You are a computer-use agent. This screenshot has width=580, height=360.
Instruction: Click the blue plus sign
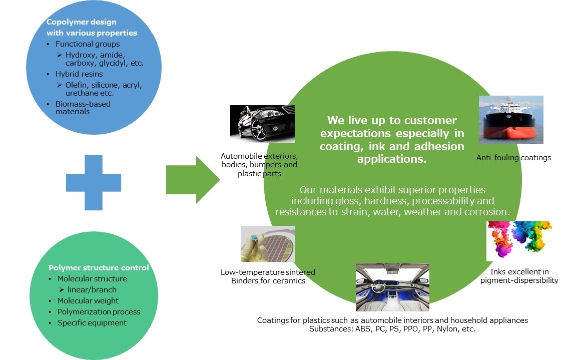[x=94, y=183]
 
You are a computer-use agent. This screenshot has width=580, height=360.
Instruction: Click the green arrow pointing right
[x=193, y=180]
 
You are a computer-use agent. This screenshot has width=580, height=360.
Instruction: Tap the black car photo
[x=262, y=124]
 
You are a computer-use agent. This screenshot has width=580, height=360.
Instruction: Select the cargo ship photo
[x=511, y=120]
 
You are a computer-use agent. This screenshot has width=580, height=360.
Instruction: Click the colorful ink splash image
[x=519, y=241]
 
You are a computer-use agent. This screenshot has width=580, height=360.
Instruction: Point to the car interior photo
[x=392, y=287]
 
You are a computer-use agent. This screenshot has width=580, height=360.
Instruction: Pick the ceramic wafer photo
[x=268, y=244]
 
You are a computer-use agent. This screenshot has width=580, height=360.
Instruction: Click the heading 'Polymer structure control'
[x=99, y=267]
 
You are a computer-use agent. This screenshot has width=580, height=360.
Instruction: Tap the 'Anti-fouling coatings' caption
[x=513, y=158]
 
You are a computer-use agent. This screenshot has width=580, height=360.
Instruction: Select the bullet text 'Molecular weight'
[x=88, y=301]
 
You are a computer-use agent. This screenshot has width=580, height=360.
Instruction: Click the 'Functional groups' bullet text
[x=88, y=44]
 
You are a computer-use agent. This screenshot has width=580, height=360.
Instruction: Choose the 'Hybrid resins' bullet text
[x=79, y=74]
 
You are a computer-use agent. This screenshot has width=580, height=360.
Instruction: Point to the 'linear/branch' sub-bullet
[x=92, y=290]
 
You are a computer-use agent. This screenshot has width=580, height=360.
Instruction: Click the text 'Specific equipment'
[x=92, y=323]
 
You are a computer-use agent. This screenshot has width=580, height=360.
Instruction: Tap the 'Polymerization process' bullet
[x=99, y=312]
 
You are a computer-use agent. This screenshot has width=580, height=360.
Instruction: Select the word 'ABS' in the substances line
[x=363, y=329]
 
